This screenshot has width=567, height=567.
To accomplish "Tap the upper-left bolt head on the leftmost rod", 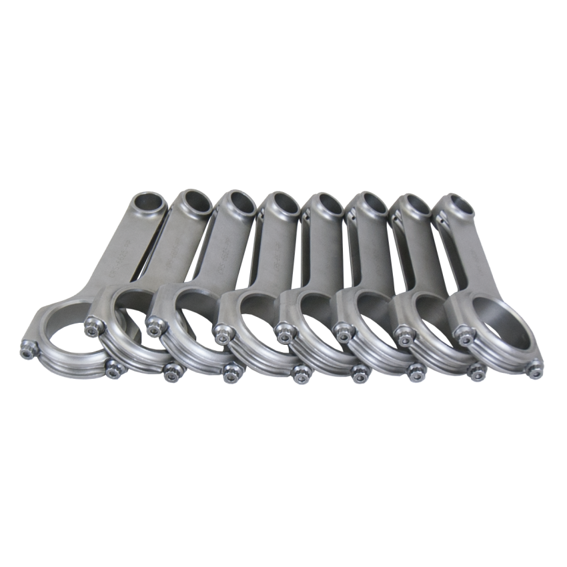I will (29, 348).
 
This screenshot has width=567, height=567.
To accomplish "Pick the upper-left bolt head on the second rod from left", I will (92, 326).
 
